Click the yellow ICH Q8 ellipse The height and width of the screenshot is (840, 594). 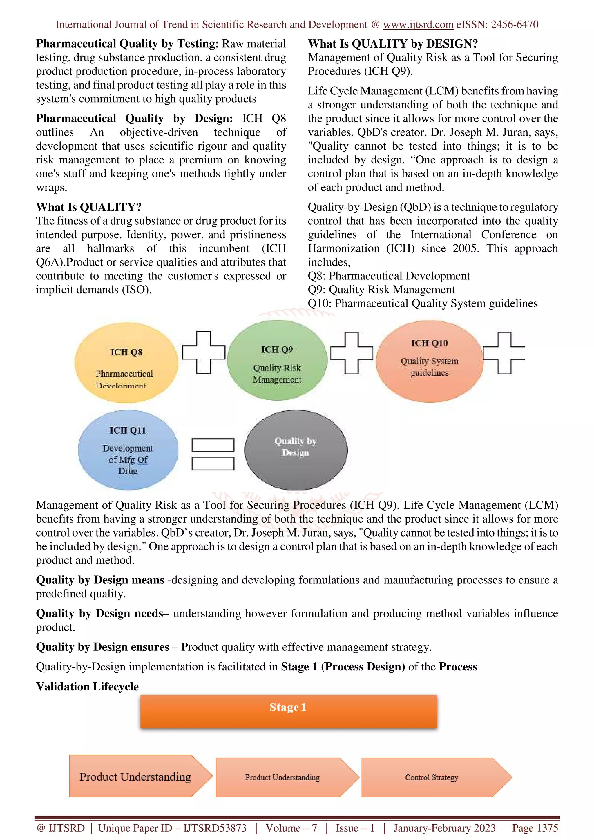[x=126, y=363]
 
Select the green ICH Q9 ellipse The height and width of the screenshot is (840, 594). [x=277, y=360]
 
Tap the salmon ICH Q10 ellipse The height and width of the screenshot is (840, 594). [x=429, y=361]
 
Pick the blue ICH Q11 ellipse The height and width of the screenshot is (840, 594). [x=128, y=450]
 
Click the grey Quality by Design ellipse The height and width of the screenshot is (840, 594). [x=296, y=450]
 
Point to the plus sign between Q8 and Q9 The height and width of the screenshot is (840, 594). [x=204, y=352]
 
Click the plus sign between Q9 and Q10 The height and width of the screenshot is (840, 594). [x=351, y=353]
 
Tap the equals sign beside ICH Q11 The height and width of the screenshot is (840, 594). [x=213, y=454]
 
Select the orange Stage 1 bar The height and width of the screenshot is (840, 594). [x=288, y=712]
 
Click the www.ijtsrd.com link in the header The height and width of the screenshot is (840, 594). [x=418, y=25]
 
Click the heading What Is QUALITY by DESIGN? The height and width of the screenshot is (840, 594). [x=393, y=43]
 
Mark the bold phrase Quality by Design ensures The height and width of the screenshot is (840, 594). [x=102, y=647]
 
